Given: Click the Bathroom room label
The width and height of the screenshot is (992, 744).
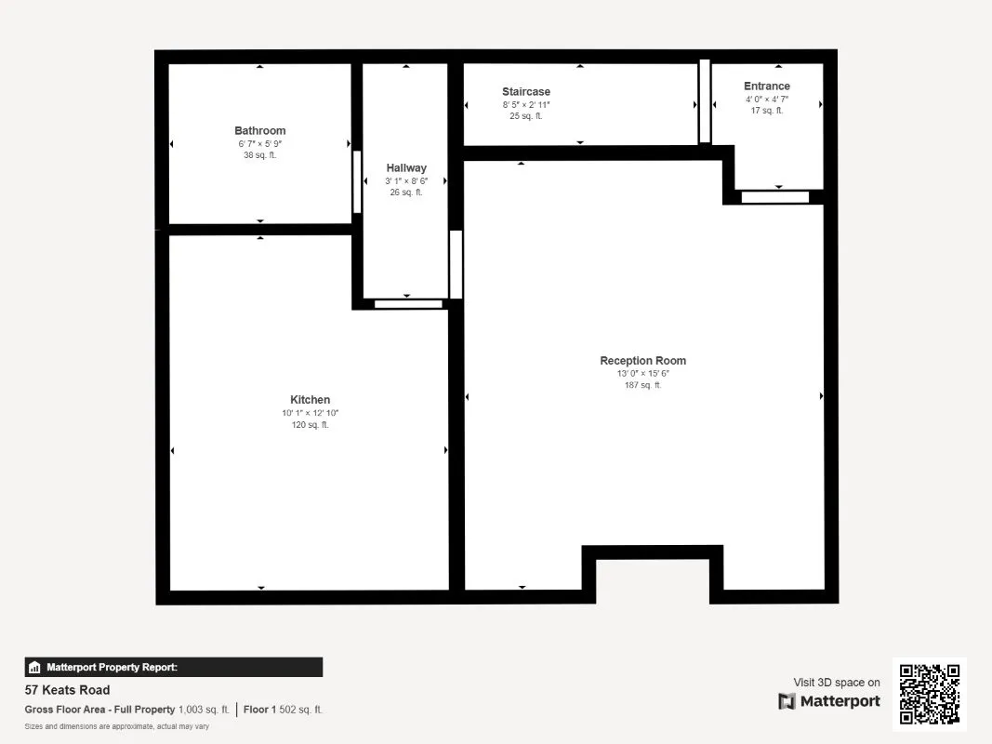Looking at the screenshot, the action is coord(260,131).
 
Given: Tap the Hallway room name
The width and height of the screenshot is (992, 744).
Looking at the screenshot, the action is coord(406,168).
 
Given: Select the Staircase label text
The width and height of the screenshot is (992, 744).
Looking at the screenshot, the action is coord(526,92).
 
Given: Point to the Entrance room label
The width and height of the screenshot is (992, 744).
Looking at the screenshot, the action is coord(767,86).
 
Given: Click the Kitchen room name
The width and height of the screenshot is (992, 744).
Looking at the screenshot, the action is coord(310,400).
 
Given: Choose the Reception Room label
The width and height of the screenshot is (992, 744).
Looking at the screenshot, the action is coord(642,361).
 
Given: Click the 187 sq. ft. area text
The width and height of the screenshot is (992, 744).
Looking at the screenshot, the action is coord(642,385).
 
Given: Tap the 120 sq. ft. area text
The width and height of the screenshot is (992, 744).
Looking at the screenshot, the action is coord(310,425).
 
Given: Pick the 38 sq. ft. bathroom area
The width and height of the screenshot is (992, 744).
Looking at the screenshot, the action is coord(260,155).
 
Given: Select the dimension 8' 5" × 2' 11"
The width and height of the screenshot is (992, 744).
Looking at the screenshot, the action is coord(526,105).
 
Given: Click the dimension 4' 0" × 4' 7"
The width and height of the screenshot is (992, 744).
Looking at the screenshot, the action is coord(767,100).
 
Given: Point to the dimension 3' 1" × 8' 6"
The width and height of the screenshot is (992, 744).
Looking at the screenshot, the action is coord(406,181).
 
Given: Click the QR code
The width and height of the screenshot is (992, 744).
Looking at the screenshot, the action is coord(930,694).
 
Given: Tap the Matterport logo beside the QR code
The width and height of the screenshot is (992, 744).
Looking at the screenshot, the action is coord(829,701).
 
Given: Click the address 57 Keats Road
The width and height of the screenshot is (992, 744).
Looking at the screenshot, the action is coord(67,690).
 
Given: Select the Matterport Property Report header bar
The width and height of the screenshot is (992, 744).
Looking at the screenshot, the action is coord(173,668).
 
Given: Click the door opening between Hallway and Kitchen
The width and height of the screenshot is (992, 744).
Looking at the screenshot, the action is coord(408,304).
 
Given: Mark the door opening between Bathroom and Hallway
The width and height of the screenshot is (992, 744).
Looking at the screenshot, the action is coord(357,181).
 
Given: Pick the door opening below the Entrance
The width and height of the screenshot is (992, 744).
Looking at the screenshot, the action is coord(775,197).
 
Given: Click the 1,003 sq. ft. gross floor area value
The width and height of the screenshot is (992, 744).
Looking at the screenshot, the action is coord(204,710).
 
